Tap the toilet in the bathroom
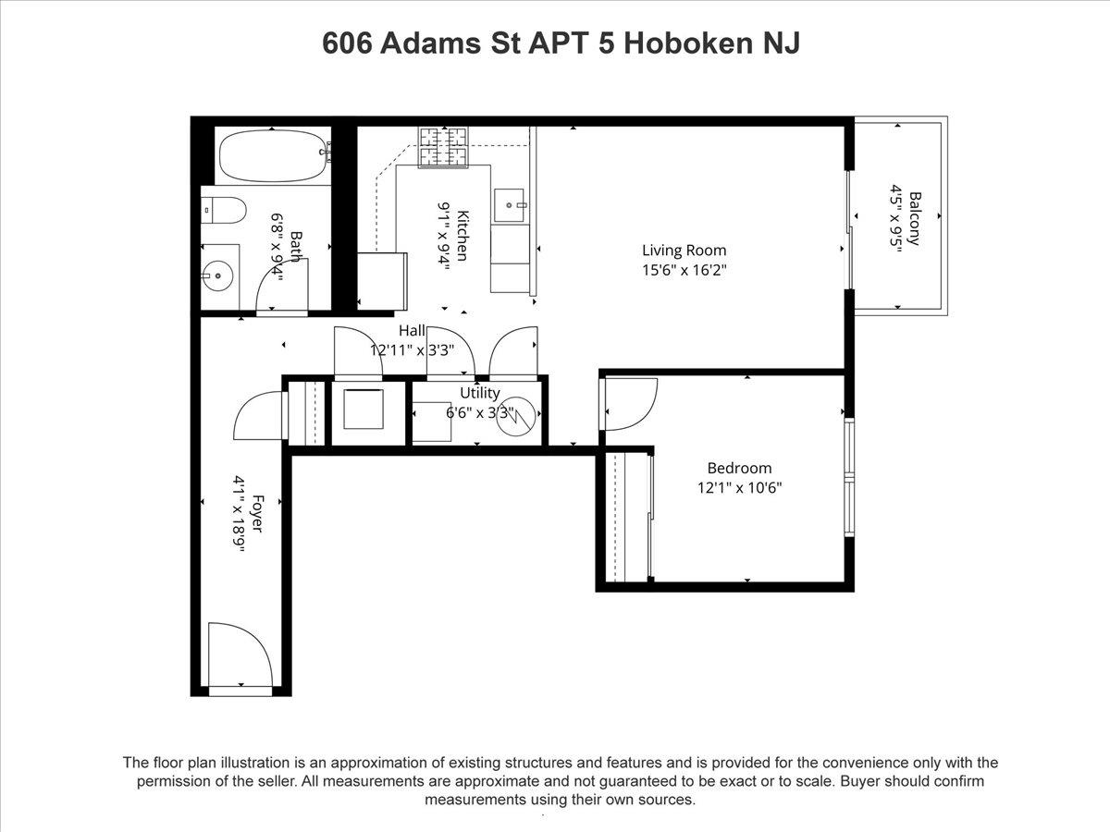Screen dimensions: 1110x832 [224, 210]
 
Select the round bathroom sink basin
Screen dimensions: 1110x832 [217, 275]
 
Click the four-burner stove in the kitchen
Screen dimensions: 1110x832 [443, 147]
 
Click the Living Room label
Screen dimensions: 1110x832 [684, 250]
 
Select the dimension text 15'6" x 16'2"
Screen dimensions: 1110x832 [684, 270]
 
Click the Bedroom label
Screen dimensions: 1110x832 [739, 469]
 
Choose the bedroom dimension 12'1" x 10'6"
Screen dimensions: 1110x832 [739, 488]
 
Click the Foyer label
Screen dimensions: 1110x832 [258, 513]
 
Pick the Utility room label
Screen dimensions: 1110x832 [480, 393]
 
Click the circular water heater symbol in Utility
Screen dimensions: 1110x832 [516, 416]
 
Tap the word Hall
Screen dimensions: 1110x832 [412, 331]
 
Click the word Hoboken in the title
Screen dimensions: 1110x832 [689, 43]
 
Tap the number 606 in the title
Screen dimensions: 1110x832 [347, 43]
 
